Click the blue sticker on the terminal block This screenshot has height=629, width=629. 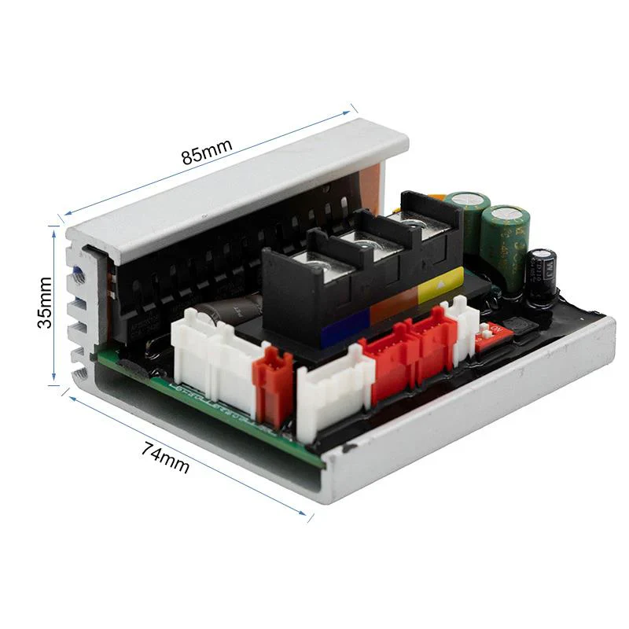pos(343,323)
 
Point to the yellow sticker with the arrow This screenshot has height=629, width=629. pos(440,282)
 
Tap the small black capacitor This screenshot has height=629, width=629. pos(543,275)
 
